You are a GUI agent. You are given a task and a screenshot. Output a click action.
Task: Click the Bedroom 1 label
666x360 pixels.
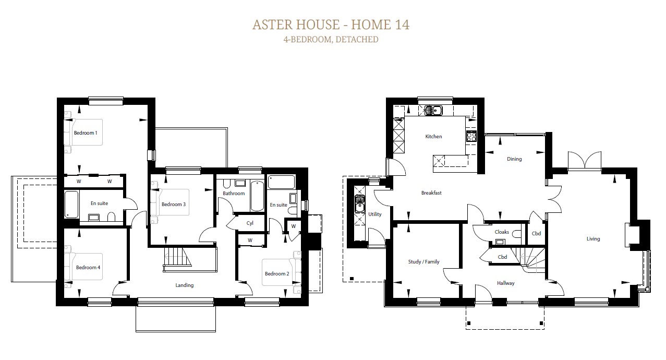pos(86,133)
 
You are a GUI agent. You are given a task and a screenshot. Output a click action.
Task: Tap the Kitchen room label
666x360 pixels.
pos(433,136)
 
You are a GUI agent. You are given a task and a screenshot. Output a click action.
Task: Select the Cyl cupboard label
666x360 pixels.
pos(250,223)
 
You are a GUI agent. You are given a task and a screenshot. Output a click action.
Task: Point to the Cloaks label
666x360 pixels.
pos(502,232)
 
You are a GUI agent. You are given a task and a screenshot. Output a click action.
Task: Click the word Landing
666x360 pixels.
pos(184,285)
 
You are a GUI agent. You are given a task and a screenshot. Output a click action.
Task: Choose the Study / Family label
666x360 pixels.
pos(423,261)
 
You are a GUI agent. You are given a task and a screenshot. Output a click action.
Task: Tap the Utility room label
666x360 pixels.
pos(374,214)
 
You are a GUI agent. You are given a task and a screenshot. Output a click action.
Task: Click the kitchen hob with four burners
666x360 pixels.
pos(471,136)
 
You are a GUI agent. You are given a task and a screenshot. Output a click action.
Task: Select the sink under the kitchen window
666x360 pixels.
pos(433,111)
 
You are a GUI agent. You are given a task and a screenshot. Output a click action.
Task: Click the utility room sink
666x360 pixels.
pos(360,204)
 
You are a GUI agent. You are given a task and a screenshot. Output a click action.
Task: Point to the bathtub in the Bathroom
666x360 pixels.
pos(257,196)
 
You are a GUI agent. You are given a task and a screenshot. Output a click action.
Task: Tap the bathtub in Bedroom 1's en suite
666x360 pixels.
pos(71,205)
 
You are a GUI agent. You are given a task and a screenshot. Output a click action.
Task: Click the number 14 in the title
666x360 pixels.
pos(402,25)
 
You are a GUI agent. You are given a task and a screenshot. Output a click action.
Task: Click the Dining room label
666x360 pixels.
pos(514,159)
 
